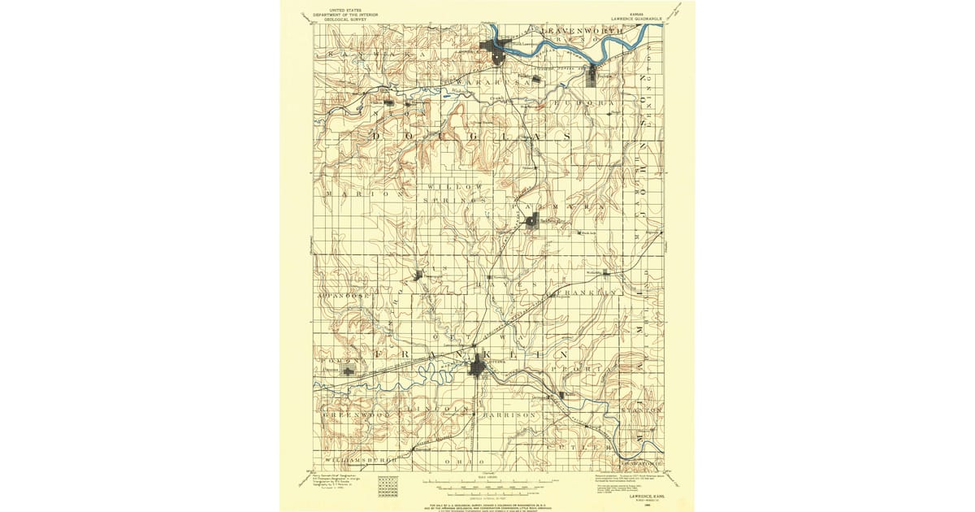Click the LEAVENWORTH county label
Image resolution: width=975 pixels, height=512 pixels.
[x=582, y=31]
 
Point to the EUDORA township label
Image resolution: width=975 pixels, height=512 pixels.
[x=583, y=104]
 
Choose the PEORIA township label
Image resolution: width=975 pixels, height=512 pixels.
[x=579, y=369]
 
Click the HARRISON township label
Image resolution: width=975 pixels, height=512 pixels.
[x=509, y=415]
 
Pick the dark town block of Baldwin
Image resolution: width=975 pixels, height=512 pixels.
[x=531, y=220]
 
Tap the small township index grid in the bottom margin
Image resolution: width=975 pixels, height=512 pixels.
[x=388, y=486]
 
